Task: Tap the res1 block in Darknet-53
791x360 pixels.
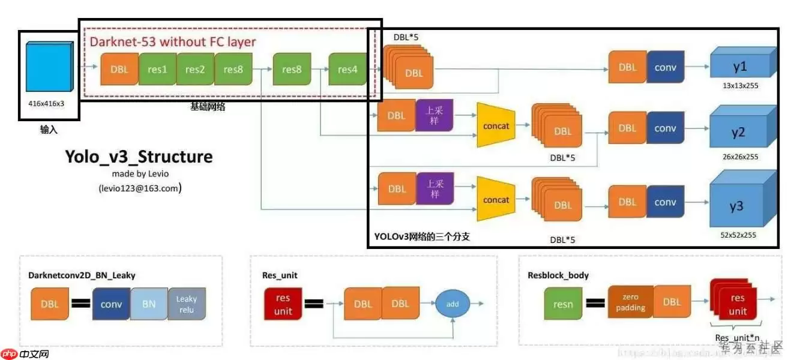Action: [157, 70]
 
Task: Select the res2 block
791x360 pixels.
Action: [195, 70]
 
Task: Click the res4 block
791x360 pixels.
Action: [347, 70]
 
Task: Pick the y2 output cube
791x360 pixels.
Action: [739, 132]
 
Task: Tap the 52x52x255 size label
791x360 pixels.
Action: [738, 235]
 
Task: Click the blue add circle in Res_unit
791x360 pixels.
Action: [453, 304]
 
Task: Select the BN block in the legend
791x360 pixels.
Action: [149, 304]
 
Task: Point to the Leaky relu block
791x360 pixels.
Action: [187, 304]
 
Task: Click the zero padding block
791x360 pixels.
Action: [630, 302]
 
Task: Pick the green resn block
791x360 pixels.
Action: [563, 304]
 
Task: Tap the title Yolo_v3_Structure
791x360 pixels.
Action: [139, 157]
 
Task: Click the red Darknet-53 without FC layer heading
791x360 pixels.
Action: [173, 42]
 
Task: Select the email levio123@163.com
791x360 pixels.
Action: [140, 188]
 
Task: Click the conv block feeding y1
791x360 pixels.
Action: [665, 68]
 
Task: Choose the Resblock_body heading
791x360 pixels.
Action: [558, 275]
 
